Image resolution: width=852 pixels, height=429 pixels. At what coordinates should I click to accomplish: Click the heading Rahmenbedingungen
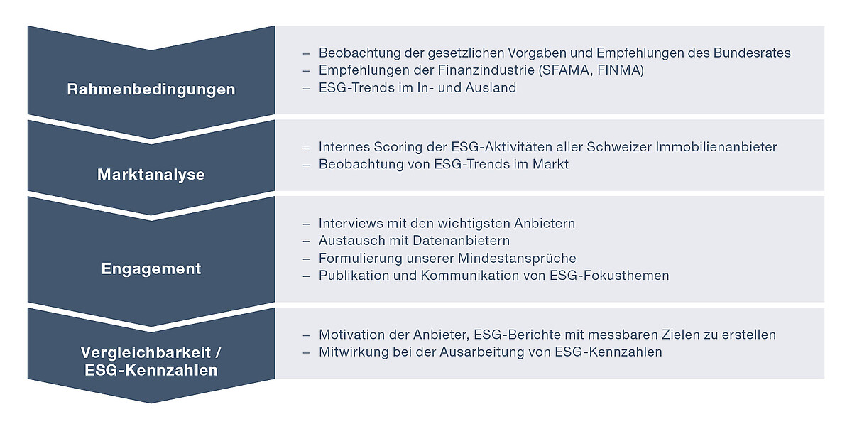[151, 89]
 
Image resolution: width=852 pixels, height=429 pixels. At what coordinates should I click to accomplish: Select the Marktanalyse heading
[151, 174]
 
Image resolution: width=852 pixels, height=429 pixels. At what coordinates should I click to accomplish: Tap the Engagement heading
[151, 268]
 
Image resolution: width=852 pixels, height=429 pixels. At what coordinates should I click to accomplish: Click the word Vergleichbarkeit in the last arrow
[146, 352]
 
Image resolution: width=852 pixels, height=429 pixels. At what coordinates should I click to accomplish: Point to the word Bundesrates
[752, 53]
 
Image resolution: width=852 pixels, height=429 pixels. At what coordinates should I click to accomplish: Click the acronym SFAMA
[565, 70]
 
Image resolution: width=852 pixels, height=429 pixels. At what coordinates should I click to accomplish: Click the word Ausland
[491, 87]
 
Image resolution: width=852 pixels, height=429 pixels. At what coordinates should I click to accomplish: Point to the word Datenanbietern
[461, 241]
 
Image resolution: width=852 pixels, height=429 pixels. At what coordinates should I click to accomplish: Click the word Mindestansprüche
[517, 258]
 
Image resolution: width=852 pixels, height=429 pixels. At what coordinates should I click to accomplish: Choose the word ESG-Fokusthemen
[609, 275]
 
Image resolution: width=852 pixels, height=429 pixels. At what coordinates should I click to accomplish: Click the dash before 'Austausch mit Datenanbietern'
[306, 241]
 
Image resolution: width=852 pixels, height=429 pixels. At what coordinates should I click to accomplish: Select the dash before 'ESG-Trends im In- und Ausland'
[306, 89]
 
